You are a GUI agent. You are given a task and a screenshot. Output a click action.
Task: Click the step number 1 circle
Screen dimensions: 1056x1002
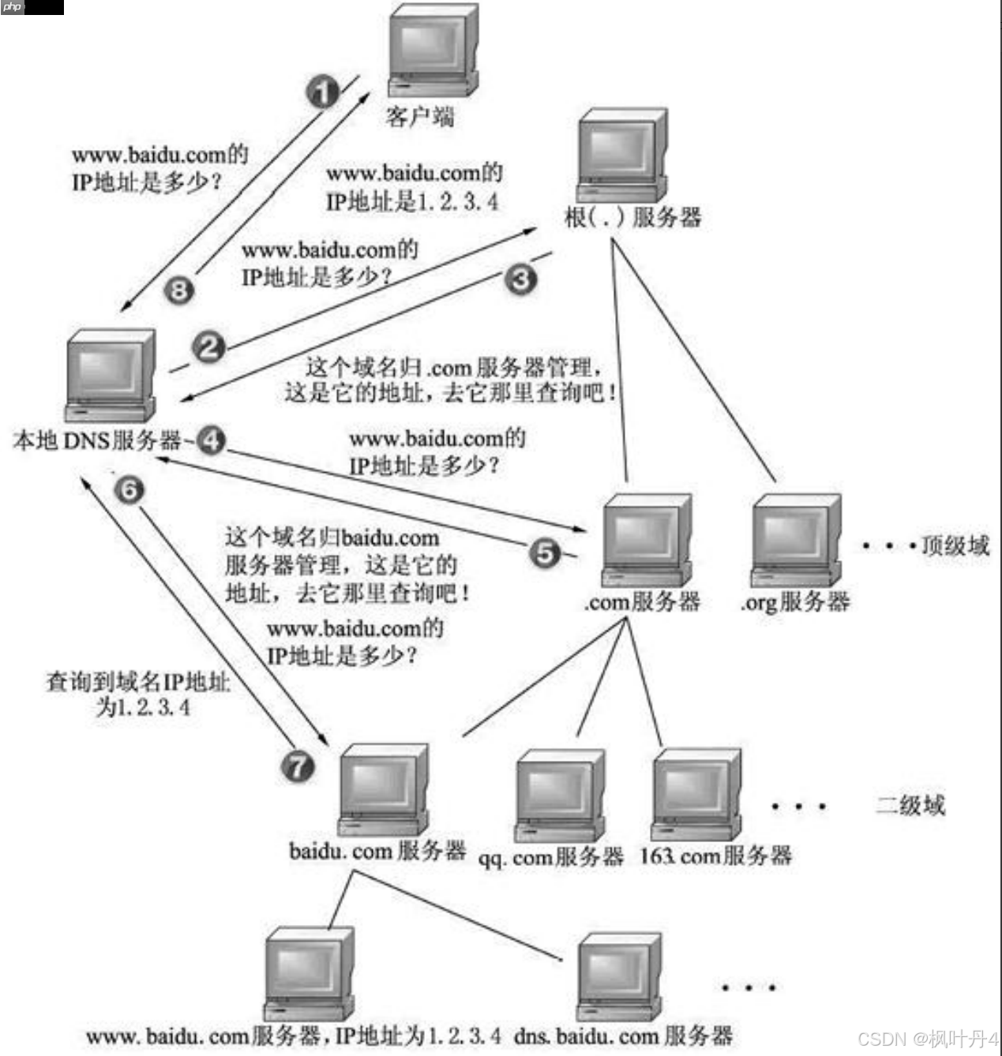pyautogui.click(x=322, y=92)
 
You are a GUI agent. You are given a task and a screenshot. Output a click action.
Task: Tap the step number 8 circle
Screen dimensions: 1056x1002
pyautogui.click(x=179, y=290)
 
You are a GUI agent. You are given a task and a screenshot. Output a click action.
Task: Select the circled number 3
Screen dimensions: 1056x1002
pyautogui.click(x=520, y=279)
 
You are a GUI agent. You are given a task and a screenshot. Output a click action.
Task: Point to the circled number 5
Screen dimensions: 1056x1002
pyautogui.click(x=545, y=552)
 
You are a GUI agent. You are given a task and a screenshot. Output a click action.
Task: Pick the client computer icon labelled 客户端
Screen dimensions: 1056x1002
pyautogui.click(x=433, y=50)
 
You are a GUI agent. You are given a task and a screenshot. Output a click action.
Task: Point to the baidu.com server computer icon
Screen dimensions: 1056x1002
pyautogui.click(x=384, y=790)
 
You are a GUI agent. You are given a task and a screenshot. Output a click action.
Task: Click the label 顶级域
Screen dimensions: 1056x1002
pyautogui.click(x=955, y=545)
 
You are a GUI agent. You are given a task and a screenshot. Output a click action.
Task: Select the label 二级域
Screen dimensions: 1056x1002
pyautogui.click(x=910, y=805)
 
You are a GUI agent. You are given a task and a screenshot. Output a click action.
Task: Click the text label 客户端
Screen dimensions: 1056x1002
pyautogui.click(x=419, y=117)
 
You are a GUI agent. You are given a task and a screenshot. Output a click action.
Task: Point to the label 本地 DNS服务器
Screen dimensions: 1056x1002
pyautogui.click(x=96, y=440)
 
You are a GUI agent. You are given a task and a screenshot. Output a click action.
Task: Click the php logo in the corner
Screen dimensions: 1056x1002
pyautogui.click(x=13, y=7)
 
